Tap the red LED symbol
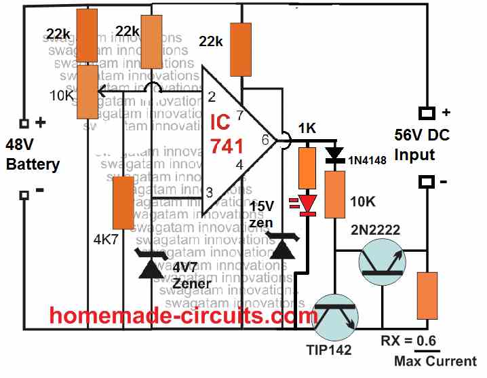309,202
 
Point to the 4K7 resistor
123,202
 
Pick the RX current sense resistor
427,295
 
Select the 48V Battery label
32,155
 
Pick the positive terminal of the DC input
426,113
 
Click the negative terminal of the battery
24,195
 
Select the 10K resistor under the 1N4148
334,194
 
